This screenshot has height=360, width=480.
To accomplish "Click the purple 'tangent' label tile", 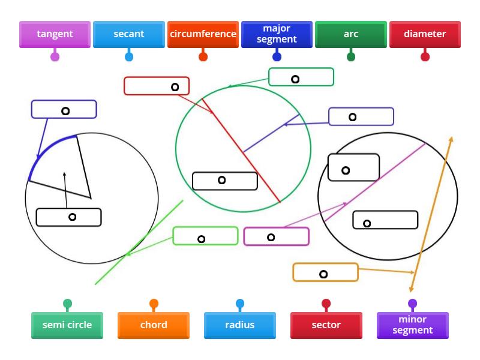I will click(x=55, y=34).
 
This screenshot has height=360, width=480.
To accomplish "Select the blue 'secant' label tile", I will click(x=129, y=34).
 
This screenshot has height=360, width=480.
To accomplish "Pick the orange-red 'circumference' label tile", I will click(x=203, y=34).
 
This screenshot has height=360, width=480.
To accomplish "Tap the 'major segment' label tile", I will click(x=277, y=34).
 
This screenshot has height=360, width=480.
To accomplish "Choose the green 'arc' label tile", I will click(x=351, y=34).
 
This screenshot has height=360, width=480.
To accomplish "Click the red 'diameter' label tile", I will click(x=425, y=34).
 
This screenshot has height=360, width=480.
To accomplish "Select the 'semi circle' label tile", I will click(x=67, y=325).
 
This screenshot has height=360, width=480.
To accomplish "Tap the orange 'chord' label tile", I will click(x=154, y=325).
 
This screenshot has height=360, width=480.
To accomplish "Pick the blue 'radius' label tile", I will click(x=240, y=325).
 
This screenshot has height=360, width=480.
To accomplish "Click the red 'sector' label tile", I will click(x=326, y=325).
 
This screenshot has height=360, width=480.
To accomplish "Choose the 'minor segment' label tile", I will click(x=413, y=325).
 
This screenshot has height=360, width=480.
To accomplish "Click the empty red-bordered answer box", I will click(x=157, y=86).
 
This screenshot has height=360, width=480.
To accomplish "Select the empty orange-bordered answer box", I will click(x=325, y=272).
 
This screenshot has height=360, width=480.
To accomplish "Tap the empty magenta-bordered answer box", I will click(x=276, y=236).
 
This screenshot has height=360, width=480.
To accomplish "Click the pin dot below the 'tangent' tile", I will click(x=55, y=57).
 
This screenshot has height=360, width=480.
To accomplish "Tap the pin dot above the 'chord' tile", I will click(x=154, y=304).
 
